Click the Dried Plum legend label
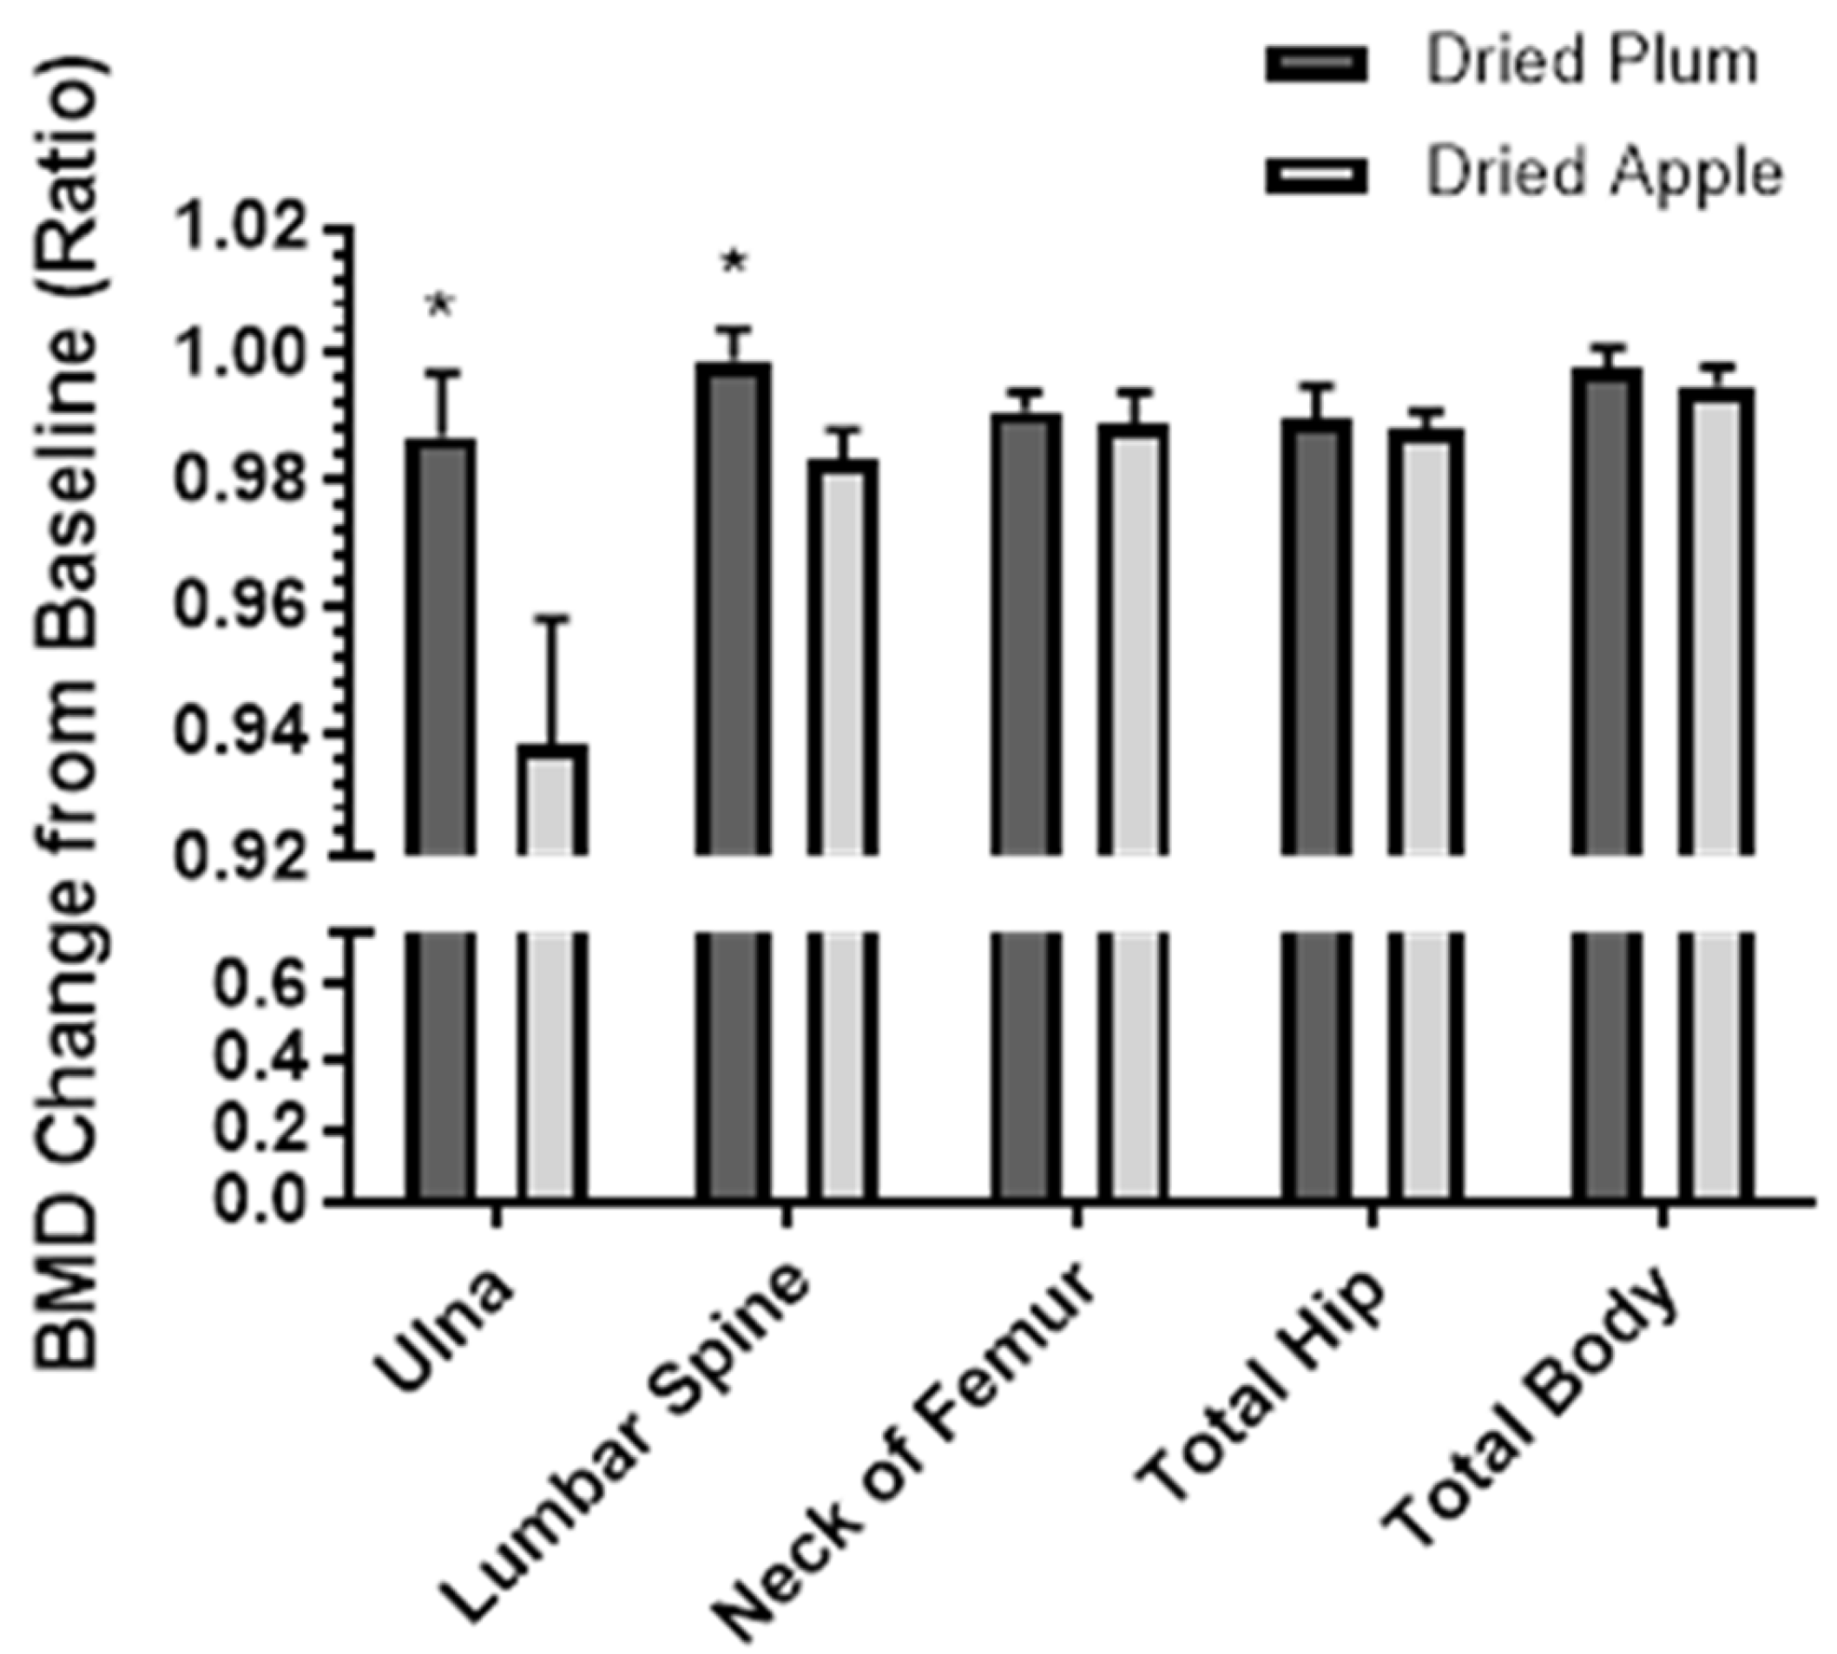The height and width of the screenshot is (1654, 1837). [1590, 63]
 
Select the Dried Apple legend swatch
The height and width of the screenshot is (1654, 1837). [1316, 174]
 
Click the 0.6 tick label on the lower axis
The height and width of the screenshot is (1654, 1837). [264, 984]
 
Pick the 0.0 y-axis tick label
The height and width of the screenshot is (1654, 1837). [264, 1200]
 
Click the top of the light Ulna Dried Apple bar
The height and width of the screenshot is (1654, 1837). [552, 749]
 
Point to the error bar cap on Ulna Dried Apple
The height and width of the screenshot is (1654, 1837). [552, 619]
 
